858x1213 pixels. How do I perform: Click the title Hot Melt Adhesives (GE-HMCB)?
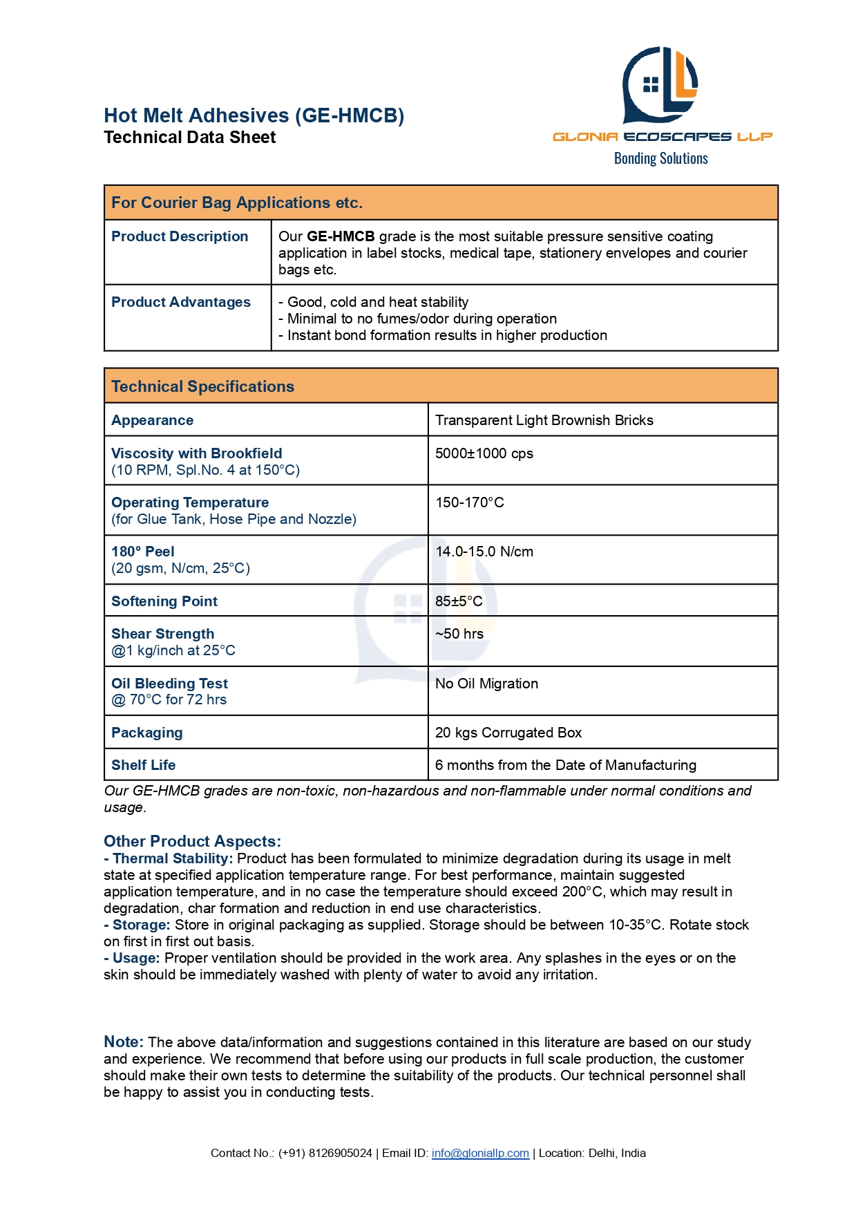click(254, 115)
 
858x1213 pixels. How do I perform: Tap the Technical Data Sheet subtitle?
click(189, 138)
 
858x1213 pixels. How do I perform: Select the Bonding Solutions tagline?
click(660, 158)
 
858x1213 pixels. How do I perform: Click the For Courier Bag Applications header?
click(236, 203)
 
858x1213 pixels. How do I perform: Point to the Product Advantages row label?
click(180, 302)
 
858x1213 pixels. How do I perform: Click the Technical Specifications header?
click(202, 386)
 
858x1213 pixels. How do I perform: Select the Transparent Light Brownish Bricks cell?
click(544, 420)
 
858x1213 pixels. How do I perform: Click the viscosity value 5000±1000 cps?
click(484, 453)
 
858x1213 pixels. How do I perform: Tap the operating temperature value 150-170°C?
click(469, 502)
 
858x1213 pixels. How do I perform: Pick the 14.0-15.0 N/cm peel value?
click(484, 552)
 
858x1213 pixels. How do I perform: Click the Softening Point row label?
click(164, 601)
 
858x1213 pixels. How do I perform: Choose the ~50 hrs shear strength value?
click(459, 634)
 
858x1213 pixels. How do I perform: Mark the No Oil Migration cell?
click(486, 684)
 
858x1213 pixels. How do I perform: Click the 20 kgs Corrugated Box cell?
click(508, 733)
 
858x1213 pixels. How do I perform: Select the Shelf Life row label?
click(143, 765)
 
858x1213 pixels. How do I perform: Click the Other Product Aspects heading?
click(192, 841)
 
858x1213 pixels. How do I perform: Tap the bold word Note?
click(123, 1042)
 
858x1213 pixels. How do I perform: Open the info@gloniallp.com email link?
click(480, 1153)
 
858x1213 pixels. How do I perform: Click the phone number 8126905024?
click(340, 1153)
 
